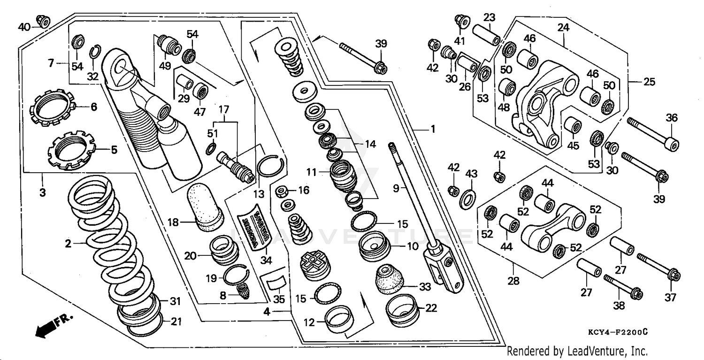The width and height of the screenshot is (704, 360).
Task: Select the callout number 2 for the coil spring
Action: (x=68, y=244)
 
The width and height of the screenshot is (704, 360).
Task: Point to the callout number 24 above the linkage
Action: (x=563, y=28)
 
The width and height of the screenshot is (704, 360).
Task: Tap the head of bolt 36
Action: (x=674, y=145)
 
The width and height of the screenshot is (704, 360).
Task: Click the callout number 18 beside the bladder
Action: (x=174, y=222)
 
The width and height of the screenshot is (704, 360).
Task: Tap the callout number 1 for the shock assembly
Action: (x=433, y=129)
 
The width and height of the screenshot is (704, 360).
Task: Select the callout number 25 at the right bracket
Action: (x=649, y=83)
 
